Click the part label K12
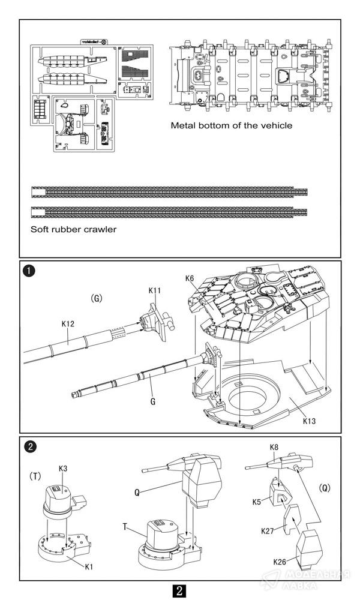pyautogui.click(x=68, y=323)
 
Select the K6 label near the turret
pyautogui.click(x=190, y=278)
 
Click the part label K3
pyautogui.click(x=63, y=469)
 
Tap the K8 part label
pyautogui.click(x=274, y=447)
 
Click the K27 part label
pyautogui.click(x=269, y=531)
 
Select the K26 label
pyautogui.click(x=280, y=562)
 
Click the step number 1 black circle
pyautogui.click(x=28, y=271)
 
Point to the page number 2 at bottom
pyautogui.click(x=179, y=590)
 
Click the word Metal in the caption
pyautogui.click(x=184, y=125)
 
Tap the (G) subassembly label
pyautogui.click(x=97, y=298)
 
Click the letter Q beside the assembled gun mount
pyautogui.click(x=137, y=491)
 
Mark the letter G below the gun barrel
pyautogui.click(x=153, y=402)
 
